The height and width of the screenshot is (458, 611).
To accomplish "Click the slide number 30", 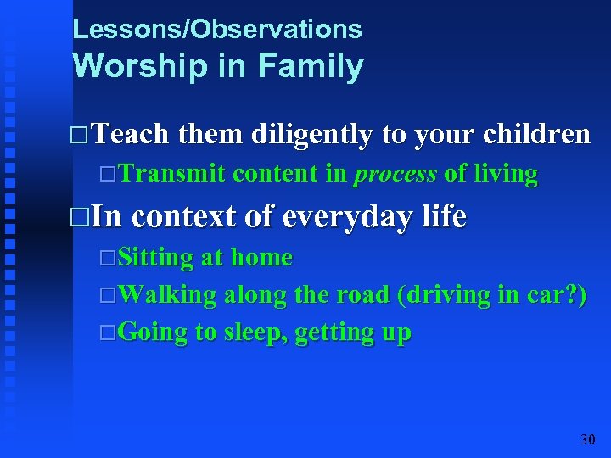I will tap(587, 439).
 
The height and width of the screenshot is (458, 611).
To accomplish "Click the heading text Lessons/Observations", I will tap(217, 30).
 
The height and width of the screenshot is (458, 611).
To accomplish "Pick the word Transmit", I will tap(172, 174).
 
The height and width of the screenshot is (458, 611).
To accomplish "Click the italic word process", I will tap(395, 175).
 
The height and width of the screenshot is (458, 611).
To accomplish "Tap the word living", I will tap(505, 175).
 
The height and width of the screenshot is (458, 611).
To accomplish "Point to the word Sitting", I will tap(156, 257).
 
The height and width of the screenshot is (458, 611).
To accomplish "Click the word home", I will tap(261, 257).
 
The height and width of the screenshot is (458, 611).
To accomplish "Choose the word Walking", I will tap(167, 294).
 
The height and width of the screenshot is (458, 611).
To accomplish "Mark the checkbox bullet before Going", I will tap(107, 333).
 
